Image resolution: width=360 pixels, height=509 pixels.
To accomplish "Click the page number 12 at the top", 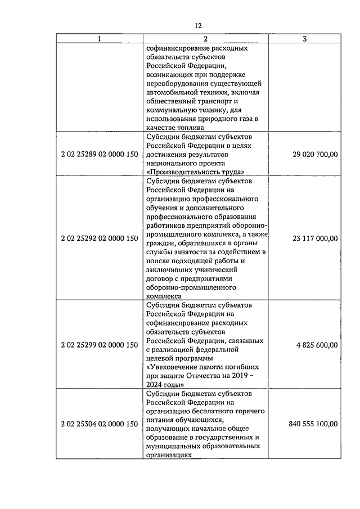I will click(x=198, y=26).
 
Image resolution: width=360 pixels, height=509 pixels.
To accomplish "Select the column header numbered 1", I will click(x=100, y=39).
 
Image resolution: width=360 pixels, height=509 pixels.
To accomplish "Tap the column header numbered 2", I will click(x=205, y=39).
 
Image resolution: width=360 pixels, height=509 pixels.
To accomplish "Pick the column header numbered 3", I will click(x=304, y=39).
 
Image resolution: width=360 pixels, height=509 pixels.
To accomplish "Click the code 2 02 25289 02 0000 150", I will click(x=100, y=154).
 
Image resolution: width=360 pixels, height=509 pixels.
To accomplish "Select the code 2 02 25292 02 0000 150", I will click(x=100, y=238).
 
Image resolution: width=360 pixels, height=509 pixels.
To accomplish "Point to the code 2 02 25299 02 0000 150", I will click(x=100, y=345).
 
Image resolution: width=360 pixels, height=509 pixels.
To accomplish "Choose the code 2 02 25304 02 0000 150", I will click(x=100, y=424).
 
